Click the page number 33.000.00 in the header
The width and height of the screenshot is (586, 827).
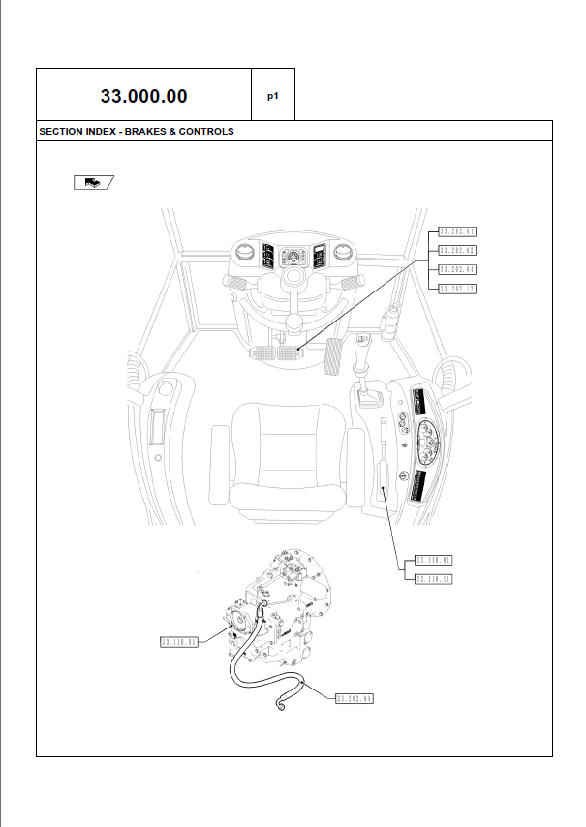point(143,96)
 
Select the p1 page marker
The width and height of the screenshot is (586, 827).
point(273,96)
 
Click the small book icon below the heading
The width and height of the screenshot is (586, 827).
point(92,181)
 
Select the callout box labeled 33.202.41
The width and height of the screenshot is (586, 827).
point(457,231)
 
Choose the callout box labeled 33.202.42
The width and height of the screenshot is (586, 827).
point(457,251)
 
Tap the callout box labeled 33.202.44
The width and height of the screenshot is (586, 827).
point(457,269)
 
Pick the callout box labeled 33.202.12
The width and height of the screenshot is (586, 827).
point(457,289)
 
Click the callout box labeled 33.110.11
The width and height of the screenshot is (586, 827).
point(434,579)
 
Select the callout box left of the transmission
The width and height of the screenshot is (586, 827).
point(178,641)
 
